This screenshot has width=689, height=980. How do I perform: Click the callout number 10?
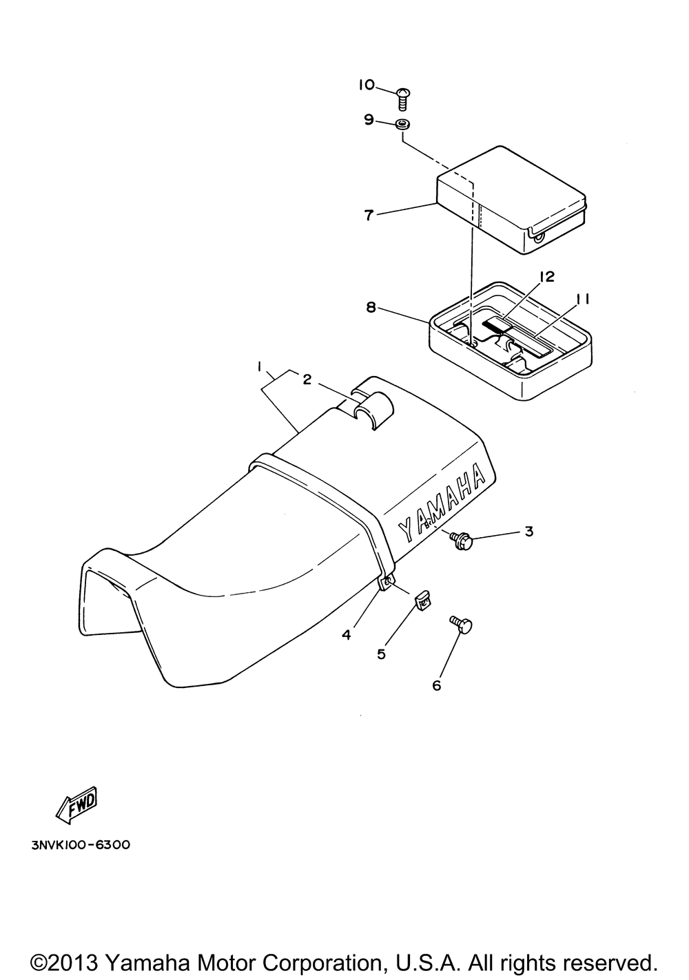(x=367, y=85)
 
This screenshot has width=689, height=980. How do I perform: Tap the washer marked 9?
(x=403, y=125)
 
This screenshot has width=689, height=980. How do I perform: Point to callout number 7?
(x=369, y=216)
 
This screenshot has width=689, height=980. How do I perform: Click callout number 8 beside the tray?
(x=371, y=308)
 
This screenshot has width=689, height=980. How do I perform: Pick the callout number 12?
(x=547, y=276)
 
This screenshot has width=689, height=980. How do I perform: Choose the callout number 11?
(x=582, y=299)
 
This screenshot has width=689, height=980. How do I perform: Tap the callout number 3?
(x=528, y=532)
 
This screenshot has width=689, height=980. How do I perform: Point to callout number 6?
(x=436, y=685)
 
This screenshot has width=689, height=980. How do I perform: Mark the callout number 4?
(x=347, y=635)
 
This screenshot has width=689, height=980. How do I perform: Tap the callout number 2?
(x=307, y=379)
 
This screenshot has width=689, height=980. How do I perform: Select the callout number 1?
(x=260, y=366)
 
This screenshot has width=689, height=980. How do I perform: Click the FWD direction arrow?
(x=76, y=806)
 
